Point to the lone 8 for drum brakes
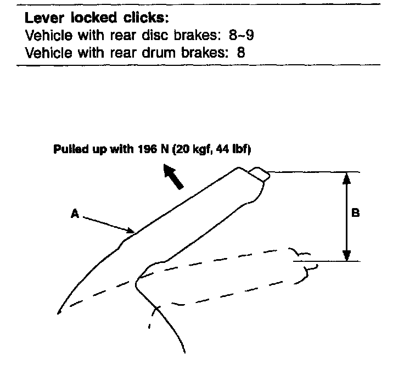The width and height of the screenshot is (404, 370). pos(240,53)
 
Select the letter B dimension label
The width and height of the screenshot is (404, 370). pos(355,213)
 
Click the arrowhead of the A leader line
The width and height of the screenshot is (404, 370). pos(131,230)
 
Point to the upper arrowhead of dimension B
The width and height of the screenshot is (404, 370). pos(346,178)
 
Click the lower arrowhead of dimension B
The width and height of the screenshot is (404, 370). pos(346,256)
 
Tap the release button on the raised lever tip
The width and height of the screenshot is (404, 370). pos(259,175)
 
